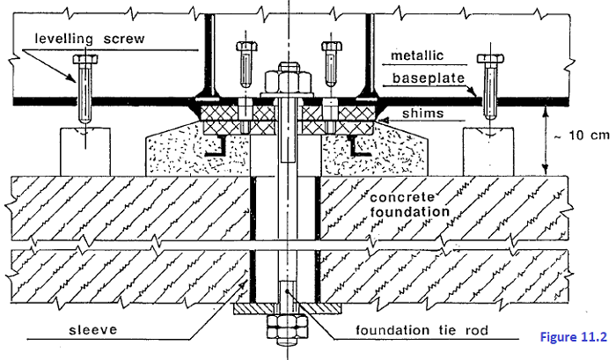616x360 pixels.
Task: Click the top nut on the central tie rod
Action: [290, 79]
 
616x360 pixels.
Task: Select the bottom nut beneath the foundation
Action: [289, 334]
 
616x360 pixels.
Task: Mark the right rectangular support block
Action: [490, 151]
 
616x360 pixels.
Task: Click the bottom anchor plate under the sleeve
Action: [289, 310]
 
